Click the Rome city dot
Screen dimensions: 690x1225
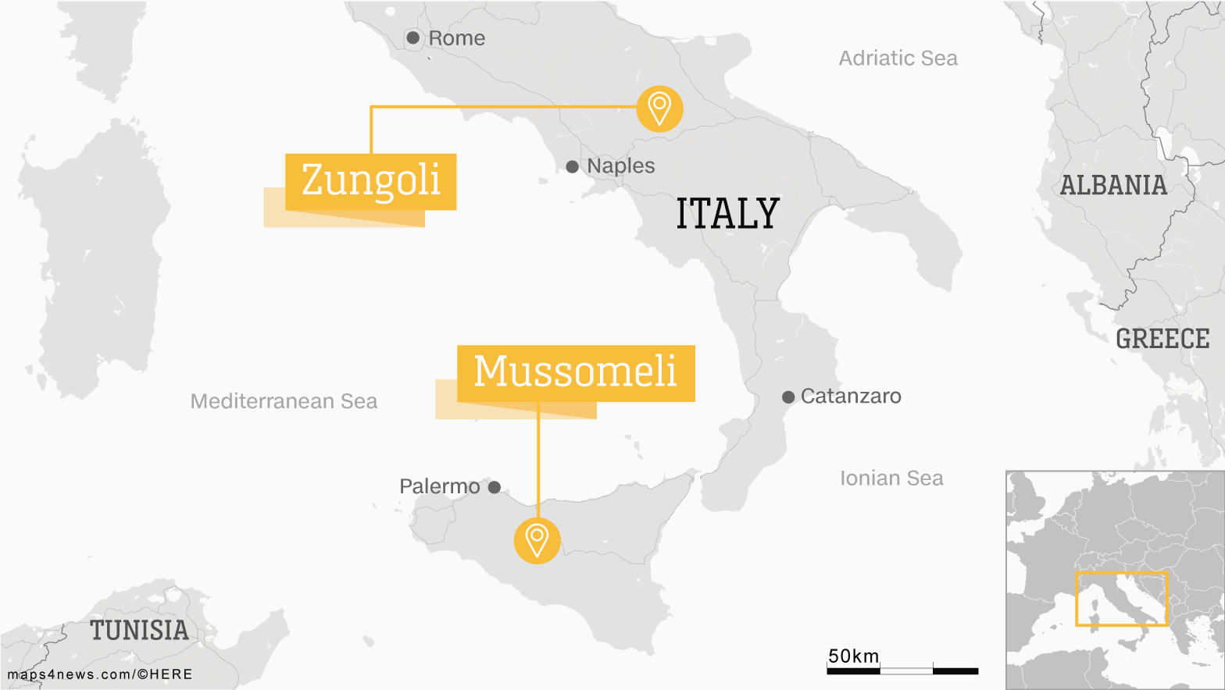[413, 37]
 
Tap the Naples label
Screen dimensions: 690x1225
[620, 165]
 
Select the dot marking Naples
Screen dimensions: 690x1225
[572, 166]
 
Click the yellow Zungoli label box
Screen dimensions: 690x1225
[370, 181]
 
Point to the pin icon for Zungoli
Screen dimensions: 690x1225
[659, 108]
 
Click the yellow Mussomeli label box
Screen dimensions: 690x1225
[575, 372]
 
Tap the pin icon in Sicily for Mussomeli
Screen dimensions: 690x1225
[537, 539]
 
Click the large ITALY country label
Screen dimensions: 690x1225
[727, 214]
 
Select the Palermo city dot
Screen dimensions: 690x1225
[495, 487]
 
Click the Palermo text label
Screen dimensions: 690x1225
[439, 486]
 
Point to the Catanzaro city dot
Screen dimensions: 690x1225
[788, 397]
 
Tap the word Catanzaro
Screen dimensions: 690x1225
[851, 397]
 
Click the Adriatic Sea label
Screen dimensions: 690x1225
[898, 59]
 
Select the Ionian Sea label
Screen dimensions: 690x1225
[891, 478]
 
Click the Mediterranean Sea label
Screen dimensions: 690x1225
[284, 401]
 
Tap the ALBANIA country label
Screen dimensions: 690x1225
[1113, 186]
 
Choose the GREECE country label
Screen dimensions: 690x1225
[1162, 339]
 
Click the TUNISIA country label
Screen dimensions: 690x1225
[139, 631]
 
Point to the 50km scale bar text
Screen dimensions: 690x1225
[853, 656]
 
